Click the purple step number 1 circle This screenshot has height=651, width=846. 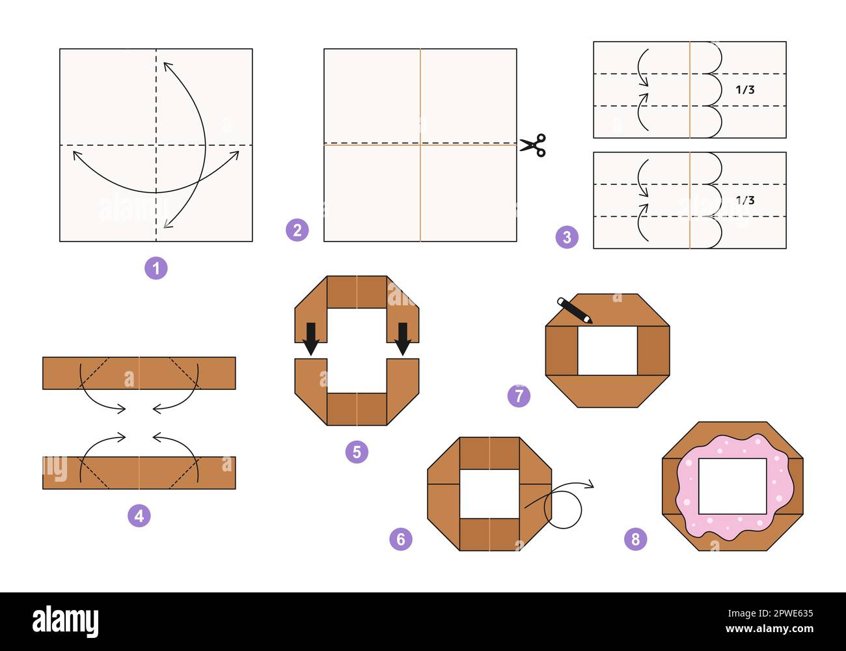156,268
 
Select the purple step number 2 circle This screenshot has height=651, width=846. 297,230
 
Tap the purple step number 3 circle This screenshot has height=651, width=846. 567,237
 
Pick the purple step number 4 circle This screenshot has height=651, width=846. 139,516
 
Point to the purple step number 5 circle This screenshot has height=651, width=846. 357,452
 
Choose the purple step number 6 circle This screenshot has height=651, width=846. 401,539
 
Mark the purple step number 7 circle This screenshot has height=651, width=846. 519,396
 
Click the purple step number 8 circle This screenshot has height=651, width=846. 636,539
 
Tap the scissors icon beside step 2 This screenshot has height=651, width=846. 533,145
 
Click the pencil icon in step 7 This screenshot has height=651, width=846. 575,311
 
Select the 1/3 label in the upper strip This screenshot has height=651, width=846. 745,90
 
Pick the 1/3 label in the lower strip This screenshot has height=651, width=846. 745,201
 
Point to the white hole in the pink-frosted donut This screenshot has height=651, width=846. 732,486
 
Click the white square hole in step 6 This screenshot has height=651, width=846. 489,493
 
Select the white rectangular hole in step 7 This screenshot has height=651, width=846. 607,351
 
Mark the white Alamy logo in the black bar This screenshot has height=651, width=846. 66,622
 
